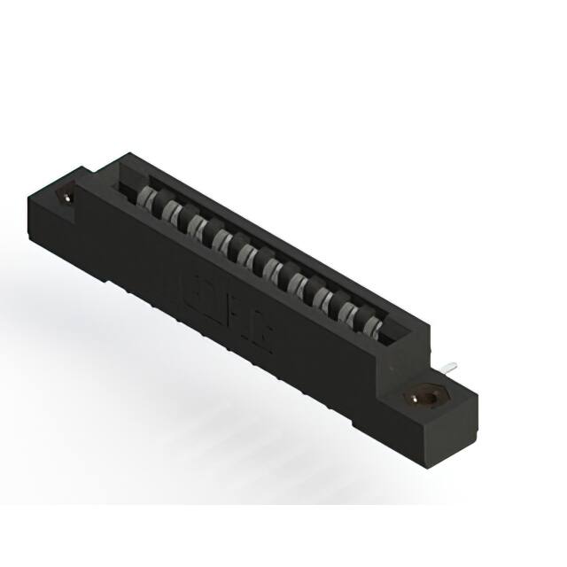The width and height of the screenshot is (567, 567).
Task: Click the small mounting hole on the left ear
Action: [x=66, y=197]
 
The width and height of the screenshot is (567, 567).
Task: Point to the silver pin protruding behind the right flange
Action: [x=451, y=365]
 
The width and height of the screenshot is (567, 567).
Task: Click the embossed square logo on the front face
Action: [x=196, y=291]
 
